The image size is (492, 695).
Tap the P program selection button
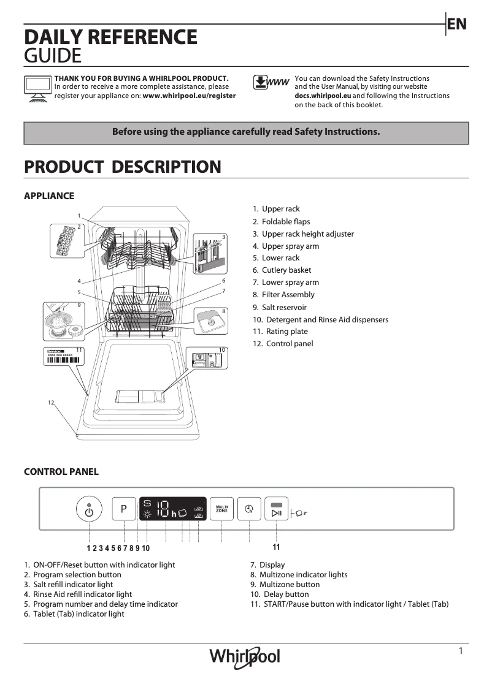(x=123, y=509)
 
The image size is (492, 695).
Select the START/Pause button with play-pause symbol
(x=277, y=509)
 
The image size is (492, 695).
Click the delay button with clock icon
(x=249, y=509)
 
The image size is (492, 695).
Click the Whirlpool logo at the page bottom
(x=245, y=657)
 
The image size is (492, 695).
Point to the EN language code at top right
(x=457, y=24)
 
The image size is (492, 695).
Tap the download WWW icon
(x=271, y=83)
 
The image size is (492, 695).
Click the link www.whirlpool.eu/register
(x=189, y=96)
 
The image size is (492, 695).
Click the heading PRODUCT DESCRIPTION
(x=122, y=167)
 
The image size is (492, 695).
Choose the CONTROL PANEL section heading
(x=61, y=472)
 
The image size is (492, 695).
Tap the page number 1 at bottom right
(x=461, y=651)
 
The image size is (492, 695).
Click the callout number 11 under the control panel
(x=277, y=547)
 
